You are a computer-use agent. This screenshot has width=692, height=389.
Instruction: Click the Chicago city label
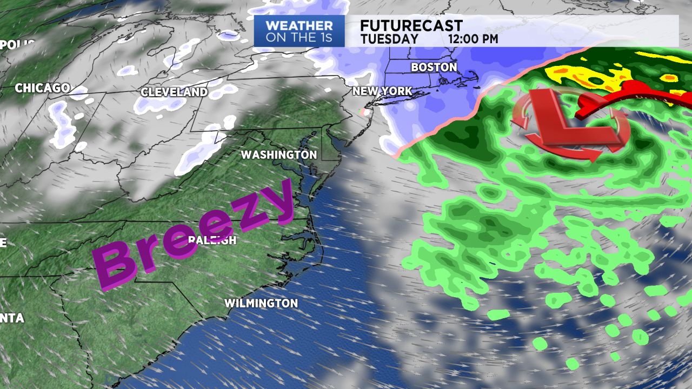[42, 88]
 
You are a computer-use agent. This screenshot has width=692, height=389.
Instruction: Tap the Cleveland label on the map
[174, 92]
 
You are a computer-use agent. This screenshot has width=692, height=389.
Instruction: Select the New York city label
[382, 91]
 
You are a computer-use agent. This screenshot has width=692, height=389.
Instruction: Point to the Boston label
[434, 68]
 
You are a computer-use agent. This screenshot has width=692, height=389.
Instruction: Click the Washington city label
[278, 155]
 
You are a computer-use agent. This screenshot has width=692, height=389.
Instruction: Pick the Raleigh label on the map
[212, 240]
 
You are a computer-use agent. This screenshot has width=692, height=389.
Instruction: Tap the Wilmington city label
[261, 303]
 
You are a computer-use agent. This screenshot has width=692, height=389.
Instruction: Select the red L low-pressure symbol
[568, 122]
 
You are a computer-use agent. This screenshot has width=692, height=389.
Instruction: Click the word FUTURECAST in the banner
[411, 25]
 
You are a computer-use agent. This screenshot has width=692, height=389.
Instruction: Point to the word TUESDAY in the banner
[389, 39]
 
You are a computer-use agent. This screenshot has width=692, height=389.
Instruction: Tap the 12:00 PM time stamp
[473, 39]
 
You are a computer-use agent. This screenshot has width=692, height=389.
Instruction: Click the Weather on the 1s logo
[299, 31]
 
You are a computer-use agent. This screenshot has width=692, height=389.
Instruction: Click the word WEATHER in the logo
[299, 25]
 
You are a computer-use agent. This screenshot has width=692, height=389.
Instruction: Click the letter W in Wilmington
[229, 303]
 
